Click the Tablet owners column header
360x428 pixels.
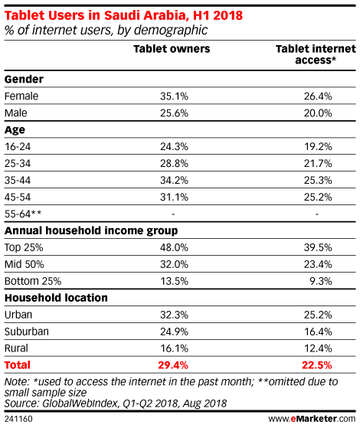(x=172, y=49)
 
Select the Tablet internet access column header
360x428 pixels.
(x=316, y=54)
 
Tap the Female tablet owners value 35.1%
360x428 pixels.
(x=174, y=96)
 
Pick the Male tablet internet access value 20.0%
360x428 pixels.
(x=318, y=113)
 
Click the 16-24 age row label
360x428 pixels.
(x=18, y=146)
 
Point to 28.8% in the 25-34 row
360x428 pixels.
(x=174, y=164)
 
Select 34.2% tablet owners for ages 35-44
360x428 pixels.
(x=174, y=180)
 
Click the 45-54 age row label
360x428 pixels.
(x=18, y=197)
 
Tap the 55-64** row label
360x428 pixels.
(x=23, y=214)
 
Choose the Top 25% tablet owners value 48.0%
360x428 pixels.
(x=174, y=247)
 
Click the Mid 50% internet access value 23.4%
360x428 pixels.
(x=318, y=264)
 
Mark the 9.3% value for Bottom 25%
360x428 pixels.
(x=321, y=281)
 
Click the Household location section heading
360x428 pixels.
(x=56, y=298)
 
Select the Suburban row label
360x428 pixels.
(x=27, y=332)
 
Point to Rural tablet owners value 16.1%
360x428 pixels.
(x=174, y=348)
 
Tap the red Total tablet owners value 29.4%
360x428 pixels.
(x=173, y=365)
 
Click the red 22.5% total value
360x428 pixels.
(x=317, y=365)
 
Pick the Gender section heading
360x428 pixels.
(x=24, y=79)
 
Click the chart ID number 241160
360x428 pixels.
(x=18, y=419)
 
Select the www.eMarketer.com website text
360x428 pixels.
(x=312, y=419)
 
